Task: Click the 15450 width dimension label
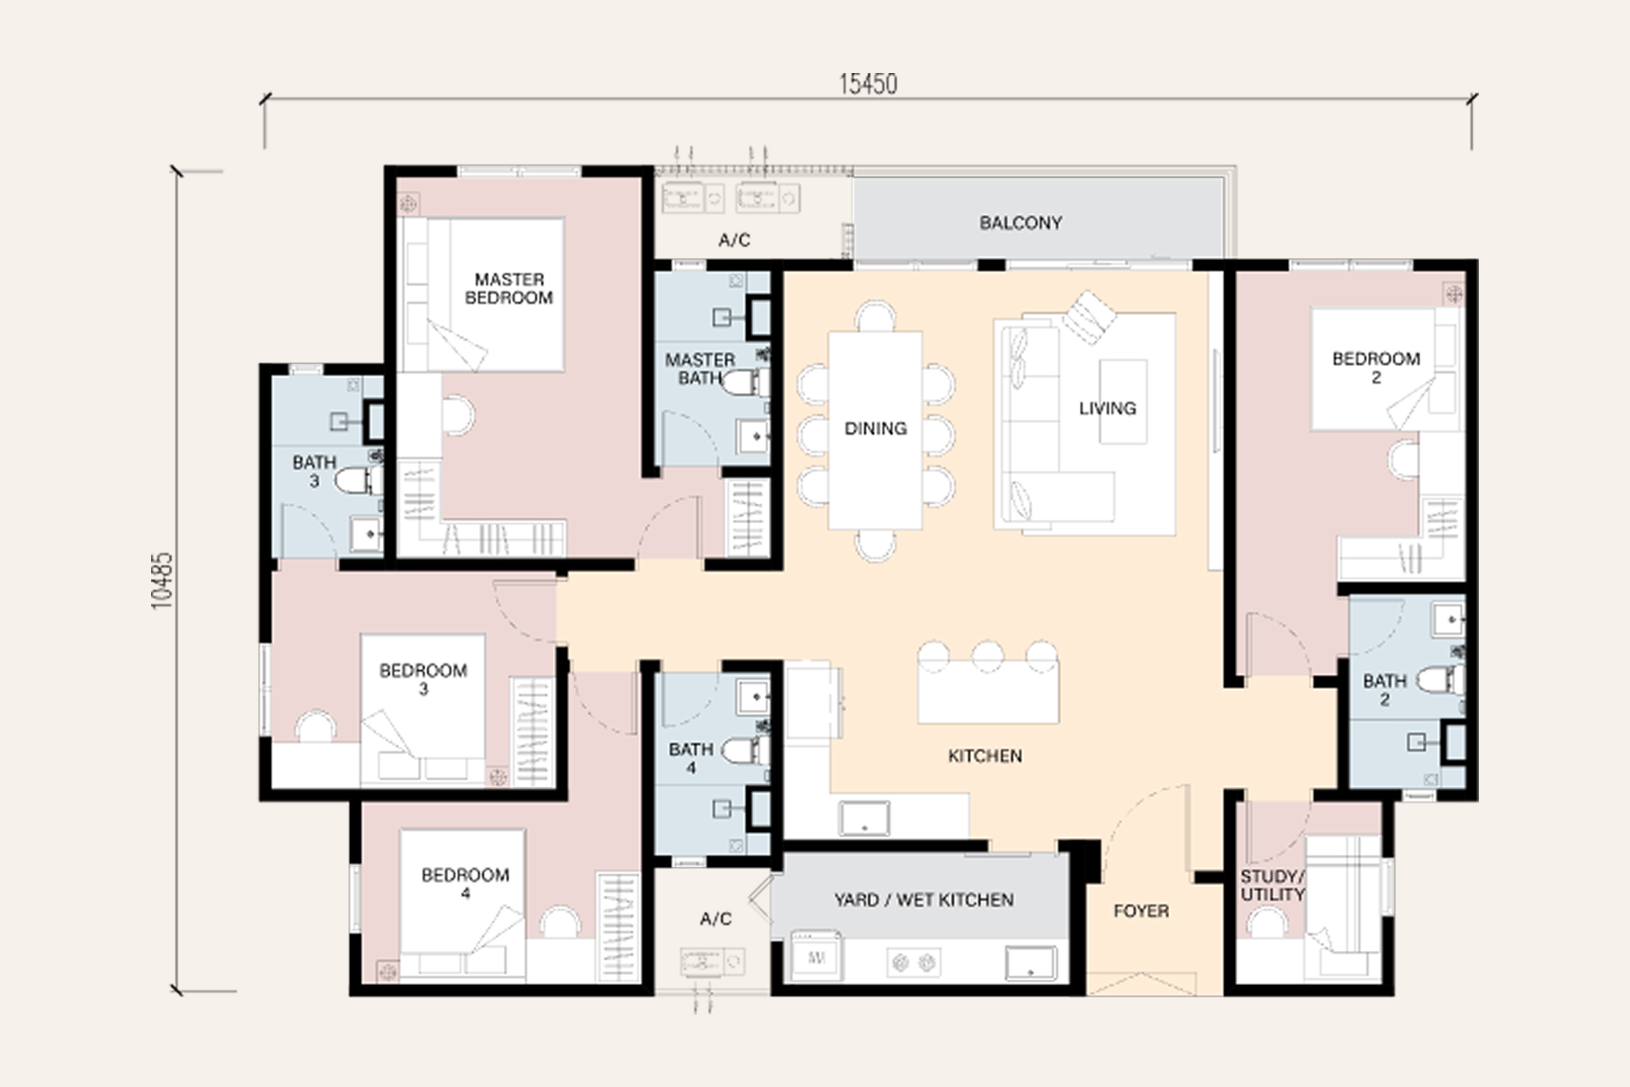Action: coord(868,84)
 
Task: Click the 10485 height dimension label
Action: coord(161,581)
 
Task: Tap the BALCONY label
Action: coord(1020,222)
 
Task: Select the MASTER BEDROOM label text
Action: coord(509,288)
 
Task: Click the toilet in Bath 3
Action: coord(360,481)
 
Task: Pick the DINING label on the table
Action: coord(875,428)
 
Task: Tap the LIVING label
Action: coord(1107,408)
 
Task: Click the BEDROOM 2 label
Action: coord(1376,368)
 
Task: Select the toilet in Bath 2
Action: coord(1441,679)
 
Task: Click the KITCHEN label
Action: coord(985,756)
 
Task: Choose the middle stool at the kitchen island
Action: coord(987,656)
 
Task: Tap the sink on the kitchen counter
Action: coord(864,819)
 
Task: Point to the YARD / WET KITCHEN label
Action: coord(924,899)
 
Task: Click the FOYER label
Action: coord(1141,911)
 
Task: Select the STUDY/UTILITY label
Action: coord(1272,886)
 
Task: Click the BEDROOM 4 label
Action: coord(465,883)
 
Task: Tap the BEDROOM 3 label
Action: coord(423,679)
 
